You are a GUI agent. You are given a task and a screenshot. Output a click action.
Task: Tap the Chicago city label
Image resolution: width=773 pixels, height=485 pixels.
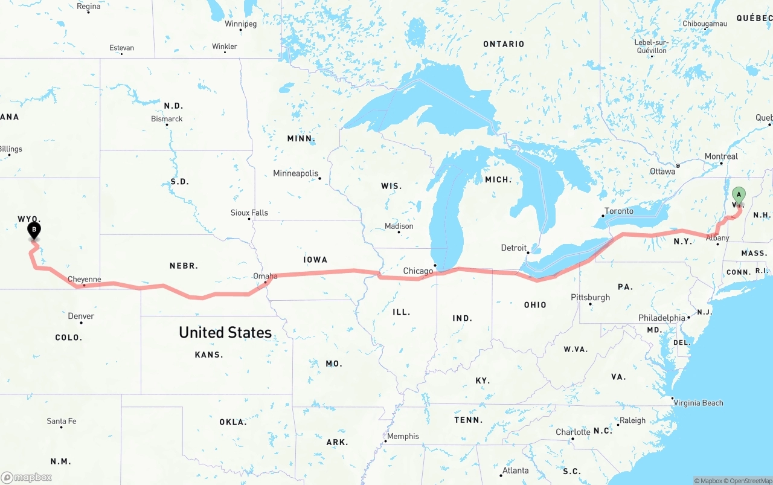coord(418,271)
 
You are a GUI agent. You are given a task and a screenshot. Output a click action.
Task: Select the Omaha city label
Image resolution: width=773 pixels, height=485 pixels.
coord(265,276)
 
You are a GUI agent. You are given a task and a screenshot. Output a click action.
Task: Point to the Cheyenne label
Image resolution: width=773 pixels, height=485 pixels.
coord(84,279)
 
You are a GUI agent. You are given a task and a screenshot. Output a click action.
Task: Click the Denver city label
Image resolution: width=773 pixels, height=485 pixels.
coord(81,316)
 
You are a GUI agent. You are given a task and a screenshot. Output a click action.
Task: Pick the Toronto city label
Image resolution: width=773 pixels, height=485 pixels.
coord(619,211)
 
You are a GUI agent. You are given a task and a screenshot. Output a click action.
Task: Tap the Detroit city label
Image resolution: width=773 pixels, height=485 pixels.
coord(514,248)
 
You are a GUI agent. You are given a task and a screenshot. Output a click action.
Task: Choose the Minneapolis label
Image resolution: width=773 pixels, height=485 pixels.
coord(295,173)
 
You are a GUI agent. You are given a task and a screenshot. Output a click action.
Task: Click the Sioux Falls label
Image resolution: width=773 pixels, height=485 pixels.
coord(249,213)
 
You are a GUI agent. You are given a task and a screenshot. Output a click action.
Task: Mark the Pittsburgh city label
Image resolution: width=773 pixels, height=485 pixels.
coord(590,297)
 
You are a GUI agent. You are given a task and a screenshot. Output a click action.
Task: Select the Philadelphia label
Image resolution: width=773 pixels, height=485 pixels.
coord(662,318)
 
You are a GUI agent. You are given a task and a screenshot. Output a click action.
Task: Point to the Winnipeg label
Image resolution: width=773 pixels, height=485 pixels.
coord(240,24)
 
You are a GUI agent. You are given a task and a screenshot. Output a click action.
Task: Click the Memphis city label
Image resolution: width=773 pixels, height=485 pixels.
coord(403,436)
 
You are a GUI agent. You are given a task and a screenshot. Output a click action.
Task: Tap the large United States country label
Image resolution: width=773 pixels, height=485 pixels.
coord(225,332)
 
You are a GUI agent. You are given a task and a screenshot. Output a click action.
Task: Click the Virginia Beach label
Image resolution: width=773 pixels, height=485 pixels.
coord(698,403)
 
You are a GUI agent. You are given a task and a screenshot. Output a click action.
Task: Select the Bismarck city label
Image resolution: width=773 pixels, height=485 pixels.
coord(167,119)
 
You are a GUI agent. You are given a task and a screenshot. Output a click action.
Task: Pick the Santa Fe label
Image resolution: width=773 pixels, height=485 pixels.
coord(62,421)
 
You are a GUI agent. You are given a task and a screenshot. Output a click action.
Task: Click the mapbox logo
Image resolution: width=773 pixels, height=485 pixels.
coord(27,477)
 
